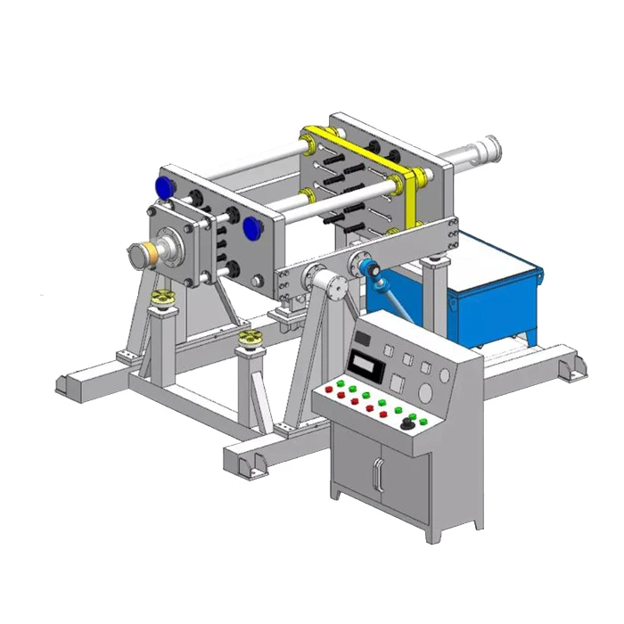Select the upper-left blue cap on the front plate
(164, 187)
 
